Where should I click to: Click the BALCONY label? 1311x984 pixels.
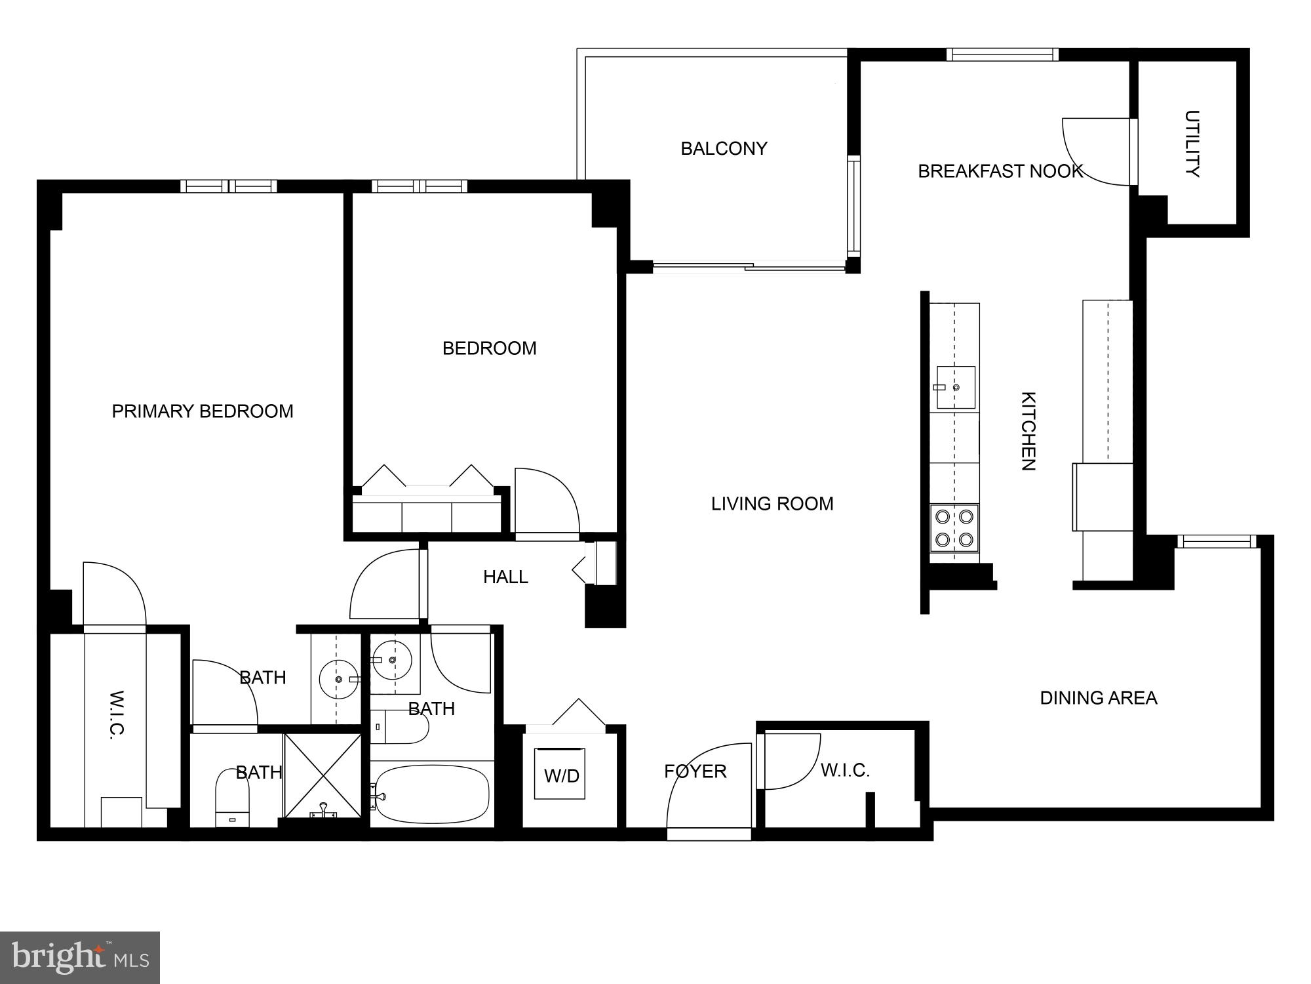[724, 149]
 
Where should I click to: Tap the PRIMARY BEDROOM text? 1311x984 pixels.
[203, 411]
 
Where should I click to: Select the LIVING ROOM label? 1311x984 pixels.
[772, 504]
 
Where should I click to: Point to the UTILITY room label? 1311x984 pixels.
[1192, 144]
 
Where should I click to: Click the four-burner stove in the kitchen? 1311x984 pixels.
[954, 528]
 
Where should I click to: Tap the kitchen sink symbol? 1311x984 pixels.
[955, 387]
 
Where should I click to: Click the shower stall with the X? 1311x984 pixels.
[323, 776]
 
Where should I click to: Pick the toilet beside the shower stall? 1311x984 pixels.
[233, 798]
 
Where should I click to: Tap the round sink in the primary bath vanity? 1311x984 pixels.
[338, 679]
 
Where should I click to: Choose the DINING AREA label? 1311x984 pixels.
[1099, 698]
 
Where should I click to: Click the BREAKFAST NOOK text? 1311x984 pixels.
[1000, 171]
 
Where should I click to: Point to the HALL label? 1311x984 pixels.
[505, 577]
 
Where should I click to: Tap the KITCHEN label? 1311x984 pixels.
[1028, 431]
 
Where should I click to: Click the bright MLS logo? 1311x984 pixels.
[80, 958]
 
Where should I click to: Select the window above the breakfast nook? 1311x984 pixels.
[1002, 54]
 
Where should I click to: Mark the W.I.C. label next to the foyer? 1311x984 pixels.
[845, 770]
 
